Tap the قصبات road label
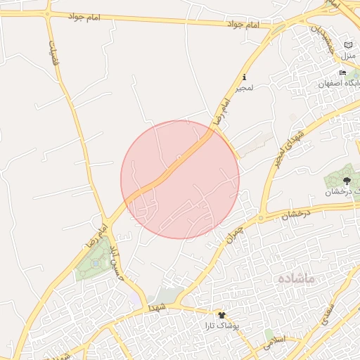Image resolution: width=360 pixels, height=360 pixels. (x=51, y=52)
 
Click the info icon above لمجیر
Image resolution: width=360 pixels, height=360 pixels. (x=244, y=77)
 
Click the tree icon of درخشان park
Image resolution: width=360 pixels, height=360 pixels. (x=347, y=181)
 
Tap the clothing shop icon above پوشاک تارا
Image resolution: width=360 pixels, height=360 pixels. (x=222, y=315)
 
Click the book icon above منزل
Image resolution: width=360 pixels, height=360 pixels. (x=349, y=44)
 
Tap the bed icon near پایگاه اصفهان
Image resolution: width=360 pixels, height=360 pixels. (x=342, y=72)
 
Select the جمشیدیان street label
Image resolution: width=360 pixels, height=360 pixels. (x=322, y=39)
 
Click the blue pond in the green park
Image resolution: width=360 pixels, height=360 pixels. (x=96, y=263)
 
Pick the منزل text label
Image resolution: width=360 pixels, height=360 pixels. (x=349, y=55)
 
